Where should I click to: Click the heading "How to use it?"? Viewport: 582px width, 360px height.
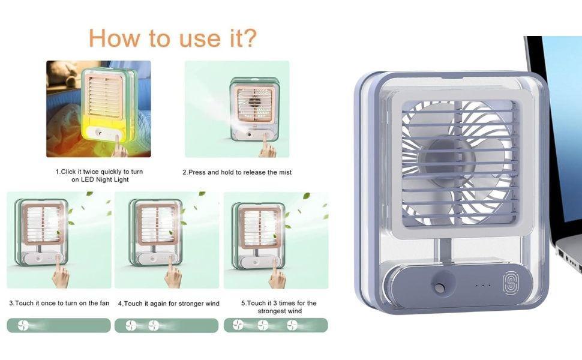(x=173, y=38)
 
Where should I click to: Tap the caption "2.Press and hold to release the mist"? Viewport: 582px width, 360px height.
(x=237, y=172)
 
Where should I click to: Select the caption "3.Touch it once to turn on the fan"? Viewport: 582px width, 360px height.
(x=59, y=303)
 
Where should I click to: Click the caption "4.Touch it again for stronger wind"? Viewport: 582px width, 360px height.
(x=169, y=304)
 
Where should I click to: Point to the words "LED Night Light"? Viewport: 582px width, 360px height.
(x=105, y=179)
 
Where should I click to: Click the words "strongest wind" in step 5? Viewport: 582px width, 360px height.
(x=280, y=311)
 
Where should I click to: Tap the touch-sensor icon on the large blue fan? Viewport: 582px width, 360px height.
(x=510, y=284)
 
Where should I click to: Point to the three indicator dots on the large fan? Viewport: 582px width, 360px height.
(x=483, y=286)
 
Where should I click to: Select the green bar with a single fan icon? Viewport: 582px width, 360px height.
(x=59, y=325)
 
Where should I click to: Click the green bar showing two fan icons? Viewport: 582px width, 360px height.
(x=166, y=325)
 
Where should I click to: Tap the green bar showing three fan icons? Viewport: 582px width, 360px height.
(x=276, y=325)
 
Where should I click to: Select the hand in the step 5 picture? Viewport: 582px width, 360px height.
(x=278, y=274)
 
